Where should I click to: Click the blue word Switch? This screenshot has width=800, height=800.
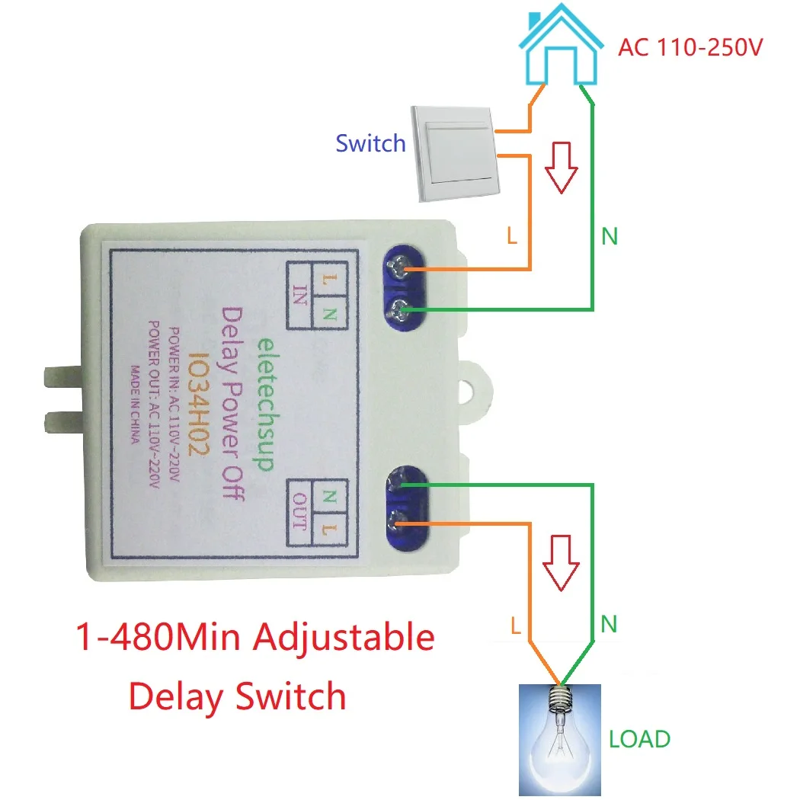[x=370, y=142]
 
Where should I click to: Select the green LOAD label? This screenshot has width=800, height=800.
[x=640, y=738]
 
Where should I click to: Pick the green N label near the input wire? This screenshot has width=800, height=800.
[x=610, y=237]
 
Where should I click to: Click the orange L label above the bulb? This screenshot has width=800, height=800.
[x=516, y=626]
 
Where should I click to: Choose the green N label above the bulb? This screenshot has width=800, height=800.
[x=609, y=626]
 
